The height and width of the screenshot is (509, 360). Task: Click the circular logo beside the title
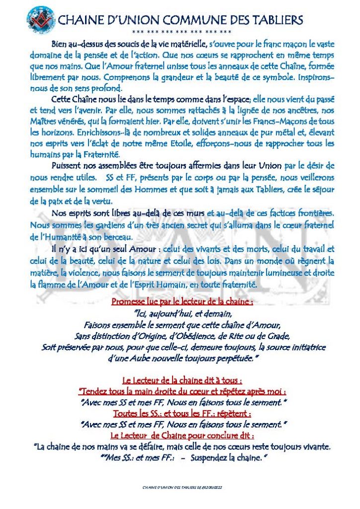(x=39, y=19)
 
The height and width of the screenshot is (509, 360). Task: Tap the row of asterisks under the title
(x=182, y=32)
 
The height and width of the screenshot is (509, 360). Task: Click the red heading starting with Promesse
(x=182, y=302)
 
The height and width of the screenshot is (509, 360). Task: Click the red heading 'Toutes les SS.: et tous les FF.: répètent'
(x=182, y=413)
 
